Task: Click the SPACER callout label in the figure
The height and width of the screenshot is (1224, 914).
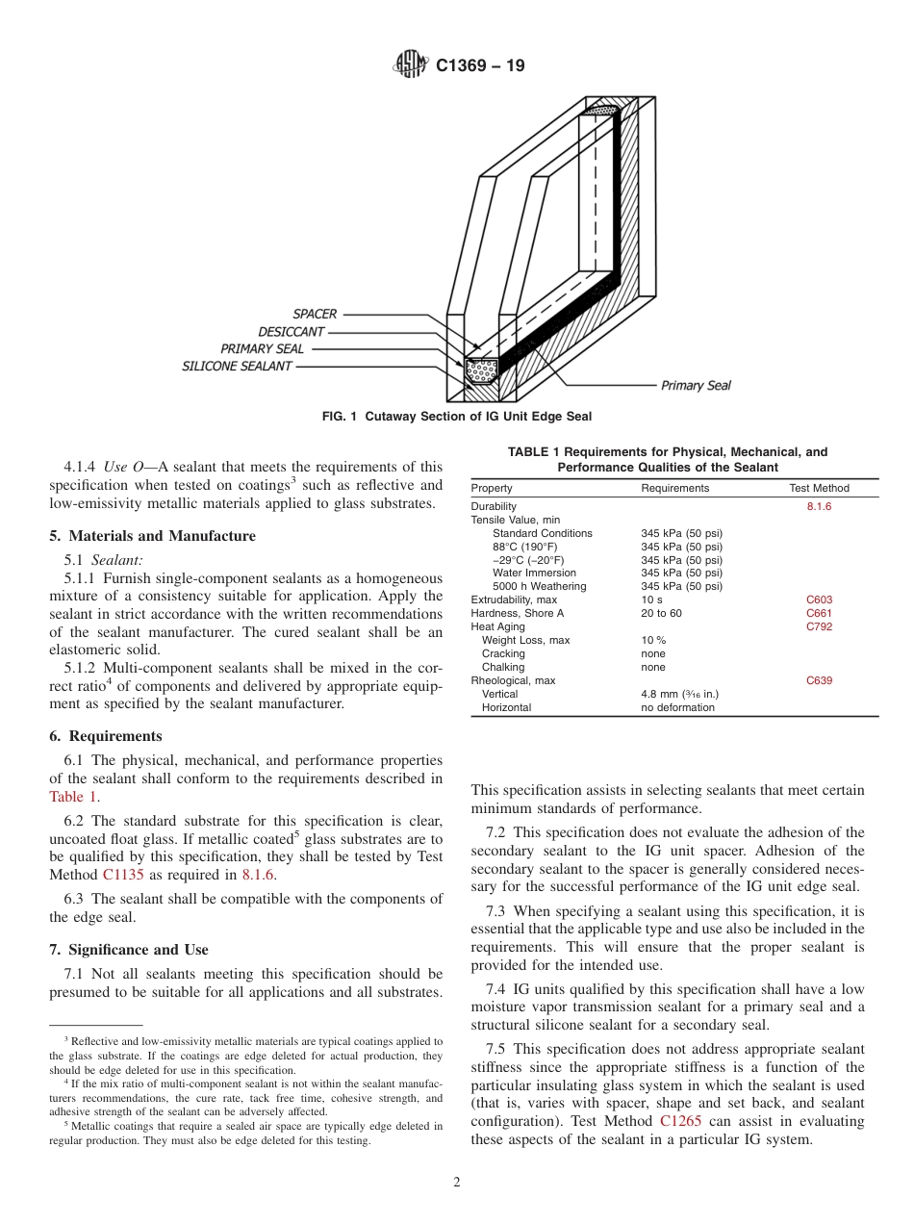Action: [x=315, y=314]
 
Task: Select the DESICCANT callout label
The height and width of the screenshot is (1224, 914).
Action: [x=291, y=331]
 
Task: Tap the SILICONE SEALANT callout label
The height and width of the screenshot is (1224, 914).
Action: [x=237, y=366]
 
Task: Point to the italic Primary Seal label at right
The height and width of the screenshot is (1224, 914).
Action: [x=696, y=386]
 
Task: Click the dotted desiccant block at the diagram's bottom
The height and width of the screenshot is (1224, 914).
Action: [x=481, y=368]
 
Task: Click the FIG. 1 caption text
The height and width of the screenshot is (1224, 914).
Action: [x=456, y=417]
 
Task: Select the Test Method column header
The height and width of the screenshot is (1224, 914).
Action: [x=819, y=488]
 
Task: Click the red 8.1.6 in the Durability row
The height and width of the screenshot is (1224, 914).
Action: [x=819, y=506]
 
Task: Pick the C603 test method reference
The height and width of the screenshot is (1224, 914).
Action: [x=819, y=599]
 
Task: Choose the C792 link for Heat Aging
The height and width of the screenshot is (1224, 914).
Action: [x=819, y=626]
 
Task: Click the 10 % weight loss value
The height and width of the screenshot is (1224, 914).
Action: [x=653, y=640]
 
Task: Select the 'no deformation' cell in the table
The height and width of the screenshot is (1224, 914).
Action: [x=677, y=707]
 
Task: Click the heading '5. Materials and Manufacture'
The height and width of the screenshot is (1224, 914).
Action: [x=152, y=536]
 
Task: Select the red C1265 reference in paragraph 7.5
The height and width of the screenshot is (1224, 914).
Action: [x=680, y=1122]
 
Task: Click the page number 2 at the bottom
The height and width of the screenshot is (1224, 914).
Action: [x=457, y=1183]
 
